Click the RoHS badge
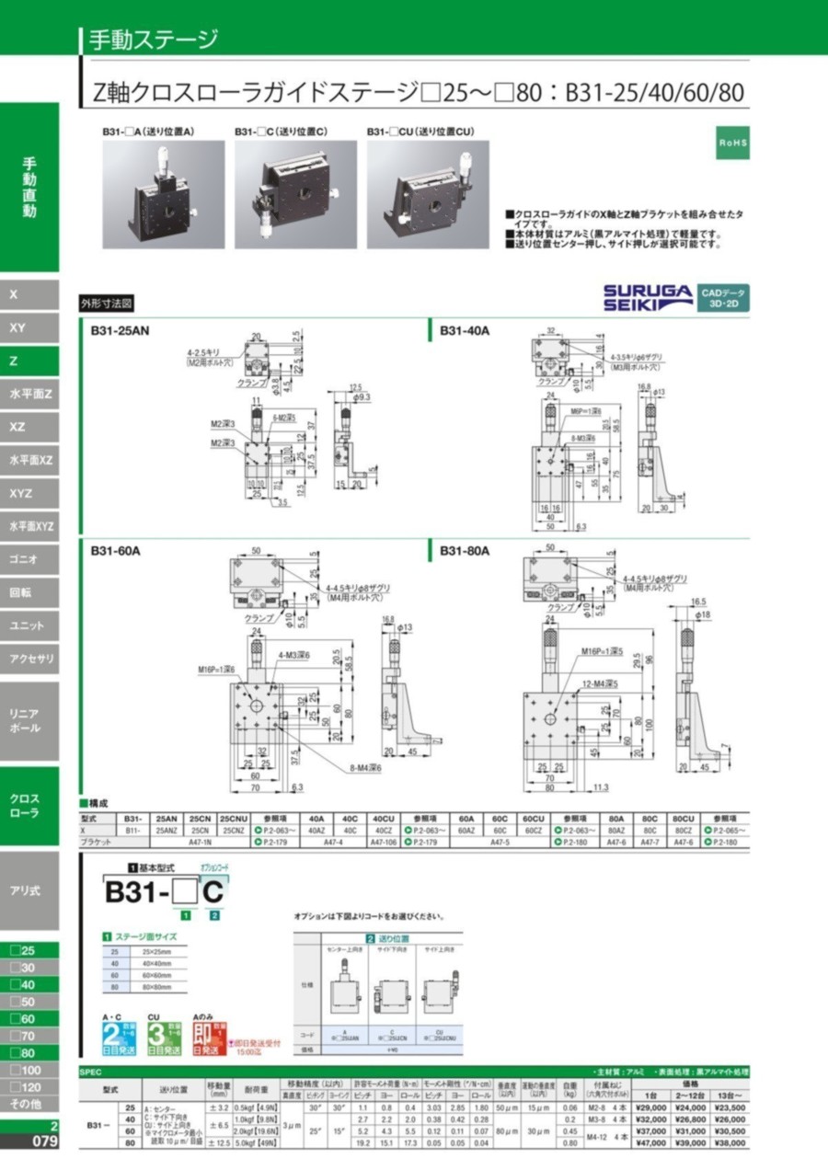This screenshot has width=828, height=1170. pyautogui.click(x=733, y=144)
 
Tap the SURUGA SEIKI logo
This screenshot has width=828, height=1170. pyautogui.click(x=648, y=296)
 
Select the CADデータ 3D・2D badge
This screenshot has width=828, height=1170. pyautogui.click(x=723, y=296)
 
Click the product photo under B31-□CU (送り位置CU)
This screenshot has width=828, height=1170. pyautogui.click(x=428, y=194)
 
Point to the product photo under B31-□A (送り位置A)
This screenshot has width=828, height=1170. pyautogui.click(x=163, y=194)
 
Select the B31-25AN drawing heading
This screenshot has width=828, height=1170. pyautogui.click(x=120, y=329)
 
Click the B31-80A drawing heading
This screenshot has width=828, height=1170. pyautogui.click(x=464, y=551)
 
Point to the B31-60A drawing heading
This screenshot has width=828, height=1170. pyautogui.click(x=114, y=551)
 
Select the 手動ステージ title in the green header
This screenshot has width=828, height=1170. pyautogui.click(x=152, y=40)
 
